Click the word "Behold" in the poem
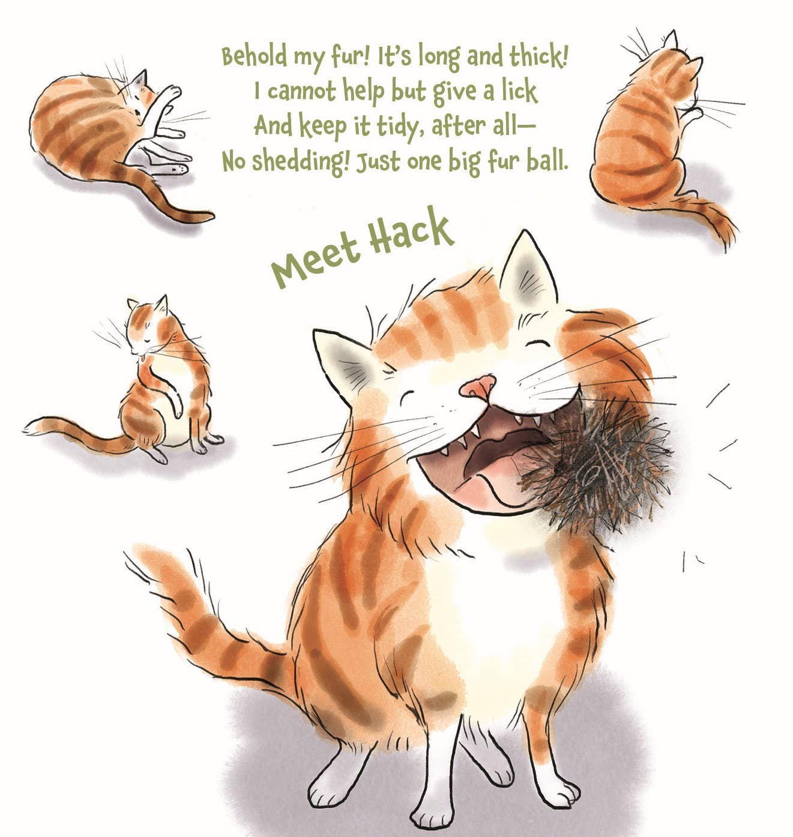(x=255, y=56)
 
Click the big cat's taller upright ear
(x=528, y=268)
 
